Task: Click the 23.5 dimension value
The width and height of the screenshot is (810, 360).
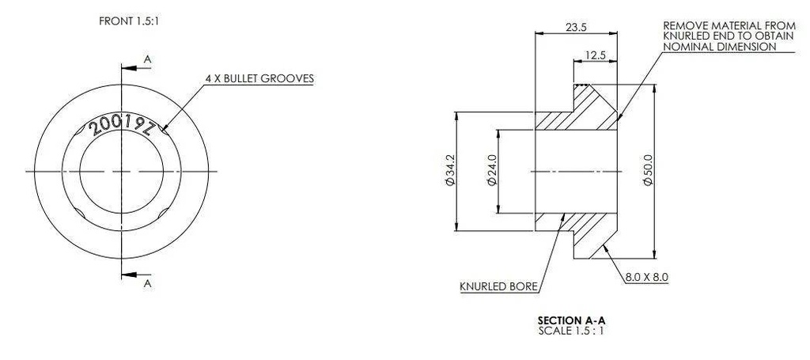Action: pos(577,28)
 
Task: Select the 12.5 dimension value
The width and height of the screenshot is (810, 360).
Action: pos(596,55)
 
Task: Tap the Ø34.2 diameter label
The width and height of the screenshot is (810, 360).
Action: pos(449,171)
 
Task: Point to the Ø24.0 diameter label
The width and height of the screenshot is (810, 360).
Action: pos(491,171)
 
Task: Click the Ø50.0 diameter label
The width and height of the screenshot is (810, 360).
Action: pos(648,171)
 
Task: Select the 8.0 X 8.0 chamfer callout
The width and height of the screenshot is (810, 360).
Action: pos(647,278)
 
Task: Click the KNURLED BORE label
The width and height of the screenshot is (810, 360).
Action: pos(499,286)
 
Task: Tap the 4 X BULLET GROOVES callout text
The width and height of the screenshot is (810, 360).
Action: pos(259,79)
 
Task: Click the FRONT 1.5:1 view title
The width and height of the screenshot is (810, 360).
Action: pos(129,21)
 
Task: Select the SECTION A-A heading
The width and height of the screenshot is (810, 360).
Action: pos(571,320)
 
